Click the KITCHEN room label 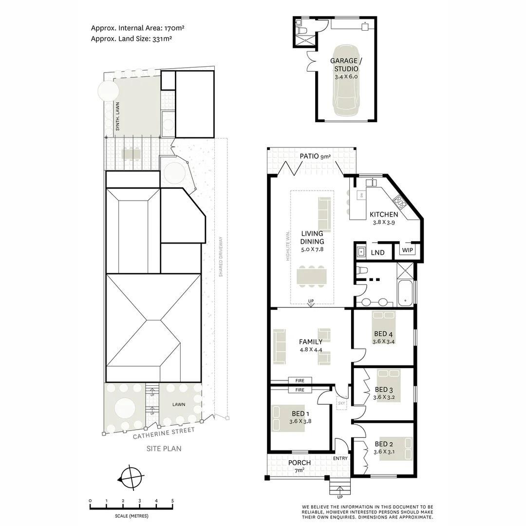coord(384,214)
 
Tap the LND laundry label coord(377,252)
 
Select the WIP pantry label coord(407,251)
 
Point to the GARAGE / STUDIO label coord(346,65)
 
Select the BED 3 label coord(384,390)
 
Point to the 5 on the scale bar coord(172,501)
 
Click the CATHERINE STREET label coord(164,433)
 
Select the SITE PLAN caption coord(164,449)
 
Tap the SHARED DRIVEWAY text coord(221,257)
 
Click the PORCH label coord(299,463)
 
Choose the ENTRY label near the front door coord(340,458)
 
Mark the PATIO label coord(309,156)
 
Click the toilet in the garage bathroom coord(301,31)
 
